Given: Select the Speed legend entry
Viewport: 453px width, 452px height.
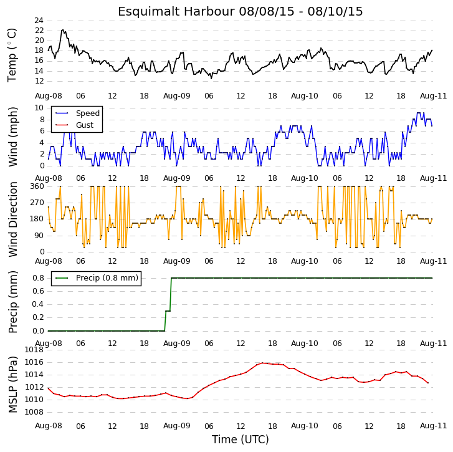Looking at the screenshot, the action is coord(77,113).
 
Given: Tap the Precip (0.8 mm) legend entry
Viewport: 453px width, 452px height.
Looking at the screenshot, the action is coord(97,278).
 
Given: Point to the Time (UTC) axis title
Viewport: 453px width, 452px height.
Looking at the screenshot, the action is coord(241,440).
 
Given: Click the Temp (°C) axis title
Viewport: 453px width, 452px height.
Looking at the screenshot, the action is coord(12,55).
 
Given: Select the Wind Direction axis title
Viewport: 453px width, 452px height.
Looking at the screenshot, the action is coord(12,219).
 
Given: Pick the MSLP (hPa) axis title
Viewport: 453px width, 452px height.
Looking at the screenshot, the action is coord(12,385).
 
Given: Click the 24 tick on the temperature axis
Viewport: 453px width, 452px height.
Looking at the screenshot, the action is coord(39,21).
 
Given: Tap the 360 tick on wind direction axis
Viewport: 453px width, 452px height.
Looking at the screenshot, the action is coord(37,186).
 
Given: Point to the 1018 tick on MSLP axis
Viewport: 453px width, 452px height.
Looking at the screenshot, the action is coord(34,350).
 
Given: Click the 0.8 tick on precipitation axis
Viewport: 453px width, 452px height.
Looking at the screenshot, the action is coord(38,278).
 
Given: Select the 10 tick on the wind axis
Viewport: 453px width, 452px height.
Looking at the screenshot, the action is coord(39,108).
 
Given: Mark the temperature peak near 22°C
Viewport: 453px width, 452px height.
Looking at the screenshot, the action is coord(63,30).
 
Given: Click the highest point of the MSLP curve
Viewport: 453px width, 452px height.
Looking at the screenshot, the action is coord(262,363).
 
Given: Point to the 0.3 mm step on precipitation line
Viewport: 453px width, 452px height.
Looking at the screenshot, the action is coord(168,311).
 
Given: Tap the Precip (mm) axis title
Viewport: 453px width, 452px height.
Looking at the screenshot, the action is coord(12,302).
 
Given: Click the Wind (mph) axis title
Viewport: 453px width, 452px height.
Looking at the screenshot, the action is coord(12,137).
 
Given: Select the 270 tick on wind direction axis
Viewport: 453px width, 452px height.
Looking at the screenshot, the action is coord(37,203).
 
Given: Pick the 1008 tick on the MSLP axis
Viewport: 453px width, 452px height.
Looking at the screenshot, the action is coord(34,412).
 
